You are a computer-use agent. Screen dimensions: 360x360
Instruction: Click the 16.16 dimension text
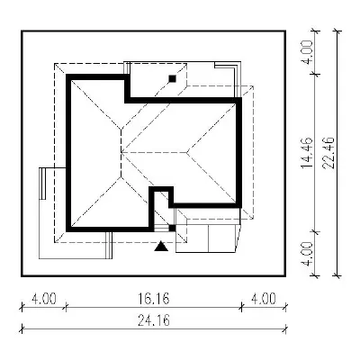154,298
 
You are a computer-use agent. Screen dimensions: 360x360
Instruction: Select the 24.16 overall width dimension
154,320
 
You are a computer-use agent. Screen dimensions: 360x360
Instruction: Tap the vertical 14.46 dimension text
307,153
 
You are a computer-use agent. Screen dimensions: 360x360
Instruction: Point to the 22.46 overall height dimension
329,153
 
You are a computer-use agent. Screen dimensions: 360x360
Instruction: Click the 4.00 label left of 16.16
44,299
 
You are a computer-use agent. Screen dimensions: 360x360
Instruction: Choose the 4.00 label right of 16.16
264,299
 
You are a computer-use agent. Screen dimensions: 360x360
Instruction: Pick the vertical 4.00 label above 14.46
307,51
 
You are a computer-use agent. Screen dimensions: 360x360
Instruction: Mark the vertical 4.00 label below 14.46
307,254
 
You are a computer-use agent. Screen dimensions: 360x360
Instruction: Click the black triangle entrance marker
161,246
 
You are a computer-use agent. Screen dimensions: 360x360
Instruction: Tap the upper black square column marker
172,78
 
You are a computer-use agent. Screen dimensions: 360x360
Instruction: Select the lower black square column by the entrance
172,228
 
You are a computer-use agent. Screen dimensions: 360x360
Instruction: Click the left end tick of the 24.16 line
22,329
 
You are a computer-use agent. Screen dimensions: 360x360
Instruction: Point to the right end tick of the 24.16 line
286,329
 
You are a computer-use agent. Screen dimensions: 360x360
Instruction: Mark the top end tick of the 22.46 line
337,31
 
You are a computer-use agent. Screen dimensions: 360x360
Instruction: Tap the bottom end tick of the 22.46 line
337,275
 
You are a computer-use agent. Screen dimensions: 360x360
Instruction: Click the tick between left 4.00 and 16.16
66,307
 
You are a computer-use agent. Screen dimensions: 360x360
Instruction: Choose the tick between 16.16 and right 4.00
241,307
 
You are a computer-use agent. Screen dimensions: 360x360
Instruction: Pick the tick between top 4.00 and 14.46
316,74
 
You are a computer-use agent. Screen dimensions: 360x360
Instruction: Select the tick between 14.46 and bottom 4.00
316,231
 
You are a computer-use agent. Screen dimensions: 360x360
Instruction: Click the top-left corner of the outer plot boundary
22,31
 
